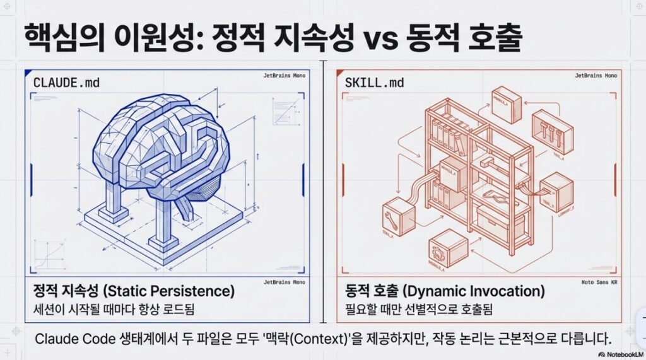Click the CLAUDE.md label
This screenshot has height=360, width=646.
pos(66,83)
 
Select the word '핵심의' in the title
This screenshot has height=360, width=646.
pos(59,39)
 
